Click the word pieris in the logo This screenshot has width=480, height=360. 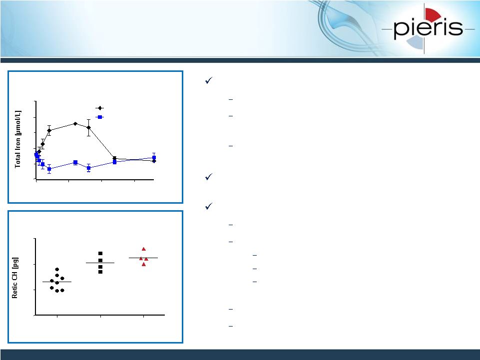(428, 28)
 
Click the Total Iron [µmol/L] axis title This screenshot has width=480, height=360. (18, 139)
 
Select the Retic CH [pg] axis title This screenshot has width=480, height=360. (14, 278)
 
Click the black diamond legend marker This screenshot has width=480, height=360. (100, 108)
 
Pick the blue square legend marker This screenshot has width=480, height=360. (100, 117)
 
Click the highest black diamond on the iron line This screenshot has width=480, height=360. (75, 124)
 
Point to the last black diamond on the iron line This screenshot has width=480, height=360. (154, 161)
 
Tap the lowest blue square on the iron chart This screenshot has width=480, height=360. (49, 169)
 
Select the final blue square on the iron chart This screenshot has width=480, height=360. (154, 158)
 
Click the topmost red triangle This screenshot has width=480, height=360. (143, 249)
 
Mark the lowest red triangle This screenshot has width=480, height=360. (144, 264)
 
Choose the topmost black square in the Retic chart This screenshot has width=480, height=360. (100, 254)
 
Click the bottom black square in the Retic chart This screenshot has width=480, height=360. (100, 272)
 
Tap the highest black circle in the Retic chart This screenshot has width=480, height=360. (57, 270)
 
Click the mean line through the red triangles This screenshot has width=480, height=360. (143, 258)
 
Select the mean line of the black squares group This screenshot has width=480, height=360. (100, 263)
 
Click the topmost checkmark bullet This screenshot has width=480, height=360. (209, 80)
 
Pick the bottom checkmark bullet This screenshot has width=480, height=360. (209, 206)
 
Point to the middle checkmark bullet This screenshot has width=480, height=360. (209, 177)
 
